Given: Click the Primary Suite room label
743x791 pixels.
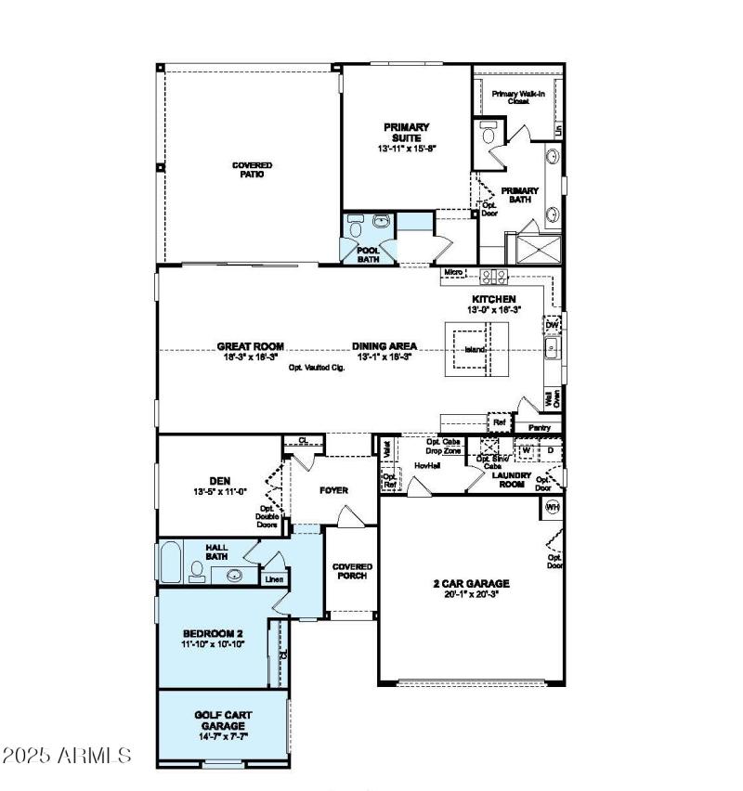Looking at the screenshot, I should click(406, 132).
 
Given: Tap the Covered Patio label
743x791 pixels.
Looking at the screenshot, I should click(252, 169).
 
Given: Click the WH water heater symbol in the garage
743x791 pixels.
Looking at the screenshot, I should click(552, 507).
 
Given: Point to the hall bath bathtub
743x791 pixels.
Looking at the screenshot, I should click(171, 563).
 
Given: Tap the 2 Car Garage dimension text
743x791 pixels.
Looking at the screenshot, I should click(472, 593).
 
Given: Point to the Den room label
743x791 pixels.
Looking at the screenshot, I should click(219, 481).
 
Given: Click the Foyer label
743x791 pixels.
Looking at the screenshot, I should click(333, 489).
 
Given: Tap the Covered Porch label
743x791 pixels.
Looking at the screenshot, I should click(352, 571).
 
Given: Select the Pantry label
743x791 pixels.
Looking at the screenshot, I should click(539, 428).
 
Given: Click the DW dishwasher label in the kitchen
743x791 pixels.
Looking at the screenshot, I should click(552, 325).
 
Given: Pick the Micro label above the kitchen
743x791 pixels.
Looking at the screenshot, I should click(453, 272).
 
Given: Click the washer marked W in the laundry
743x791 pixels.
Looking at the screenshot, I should click(526, 449).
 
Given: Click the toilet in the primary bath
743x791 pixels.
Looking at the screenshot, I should click(487, 136).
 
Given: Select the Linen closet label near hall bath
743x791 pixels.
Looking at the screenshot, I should click(274, 579).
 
